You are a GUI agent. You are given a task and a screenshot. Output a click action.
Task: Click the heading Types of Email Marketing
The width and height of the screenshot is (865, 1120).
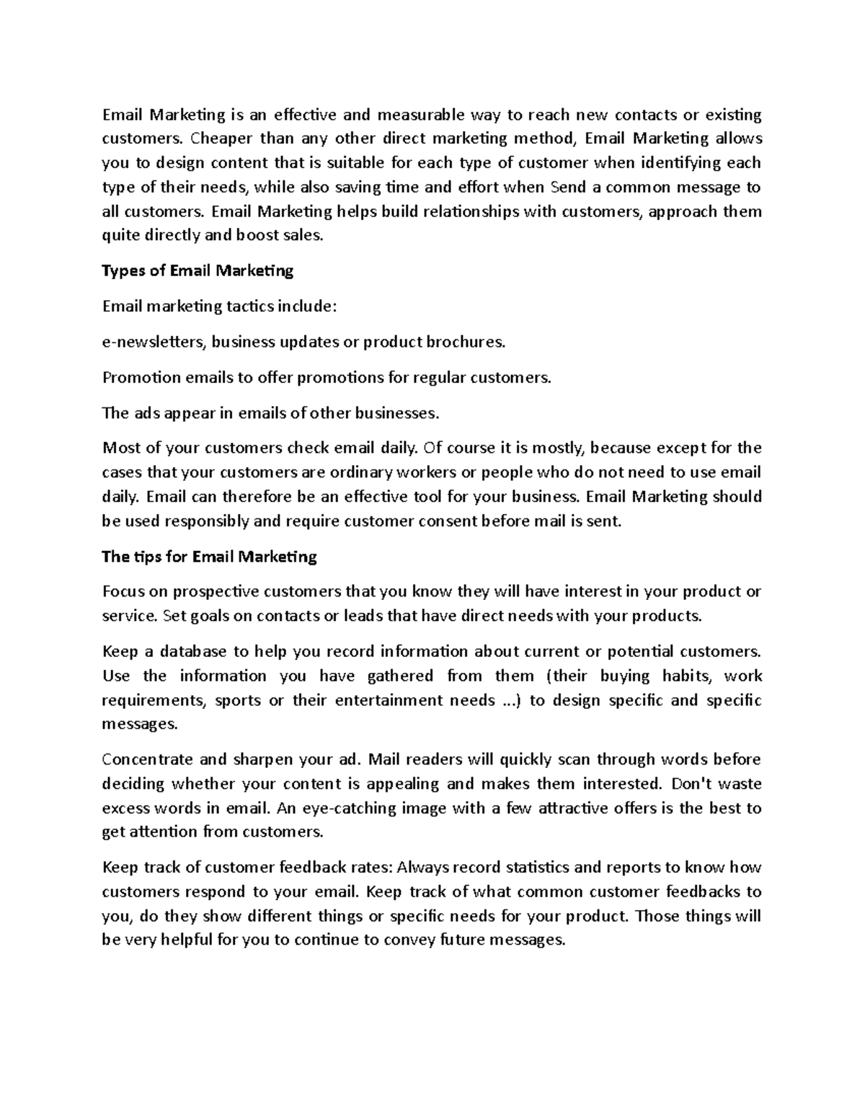198,270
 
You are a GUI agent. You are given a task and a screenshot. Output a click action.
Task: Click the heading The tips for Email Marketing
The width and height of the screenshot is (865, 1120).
209,556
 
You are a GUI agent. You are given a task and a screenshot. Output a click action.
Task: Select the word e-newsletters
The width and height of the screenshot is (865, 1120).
155,342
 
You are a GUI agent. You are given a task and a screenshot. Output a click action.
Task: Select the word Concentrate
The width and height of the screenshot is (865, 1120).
147,759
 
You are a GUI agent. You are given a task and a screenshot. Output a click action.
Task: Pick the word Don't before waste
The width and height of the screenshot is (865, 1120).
691,783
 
